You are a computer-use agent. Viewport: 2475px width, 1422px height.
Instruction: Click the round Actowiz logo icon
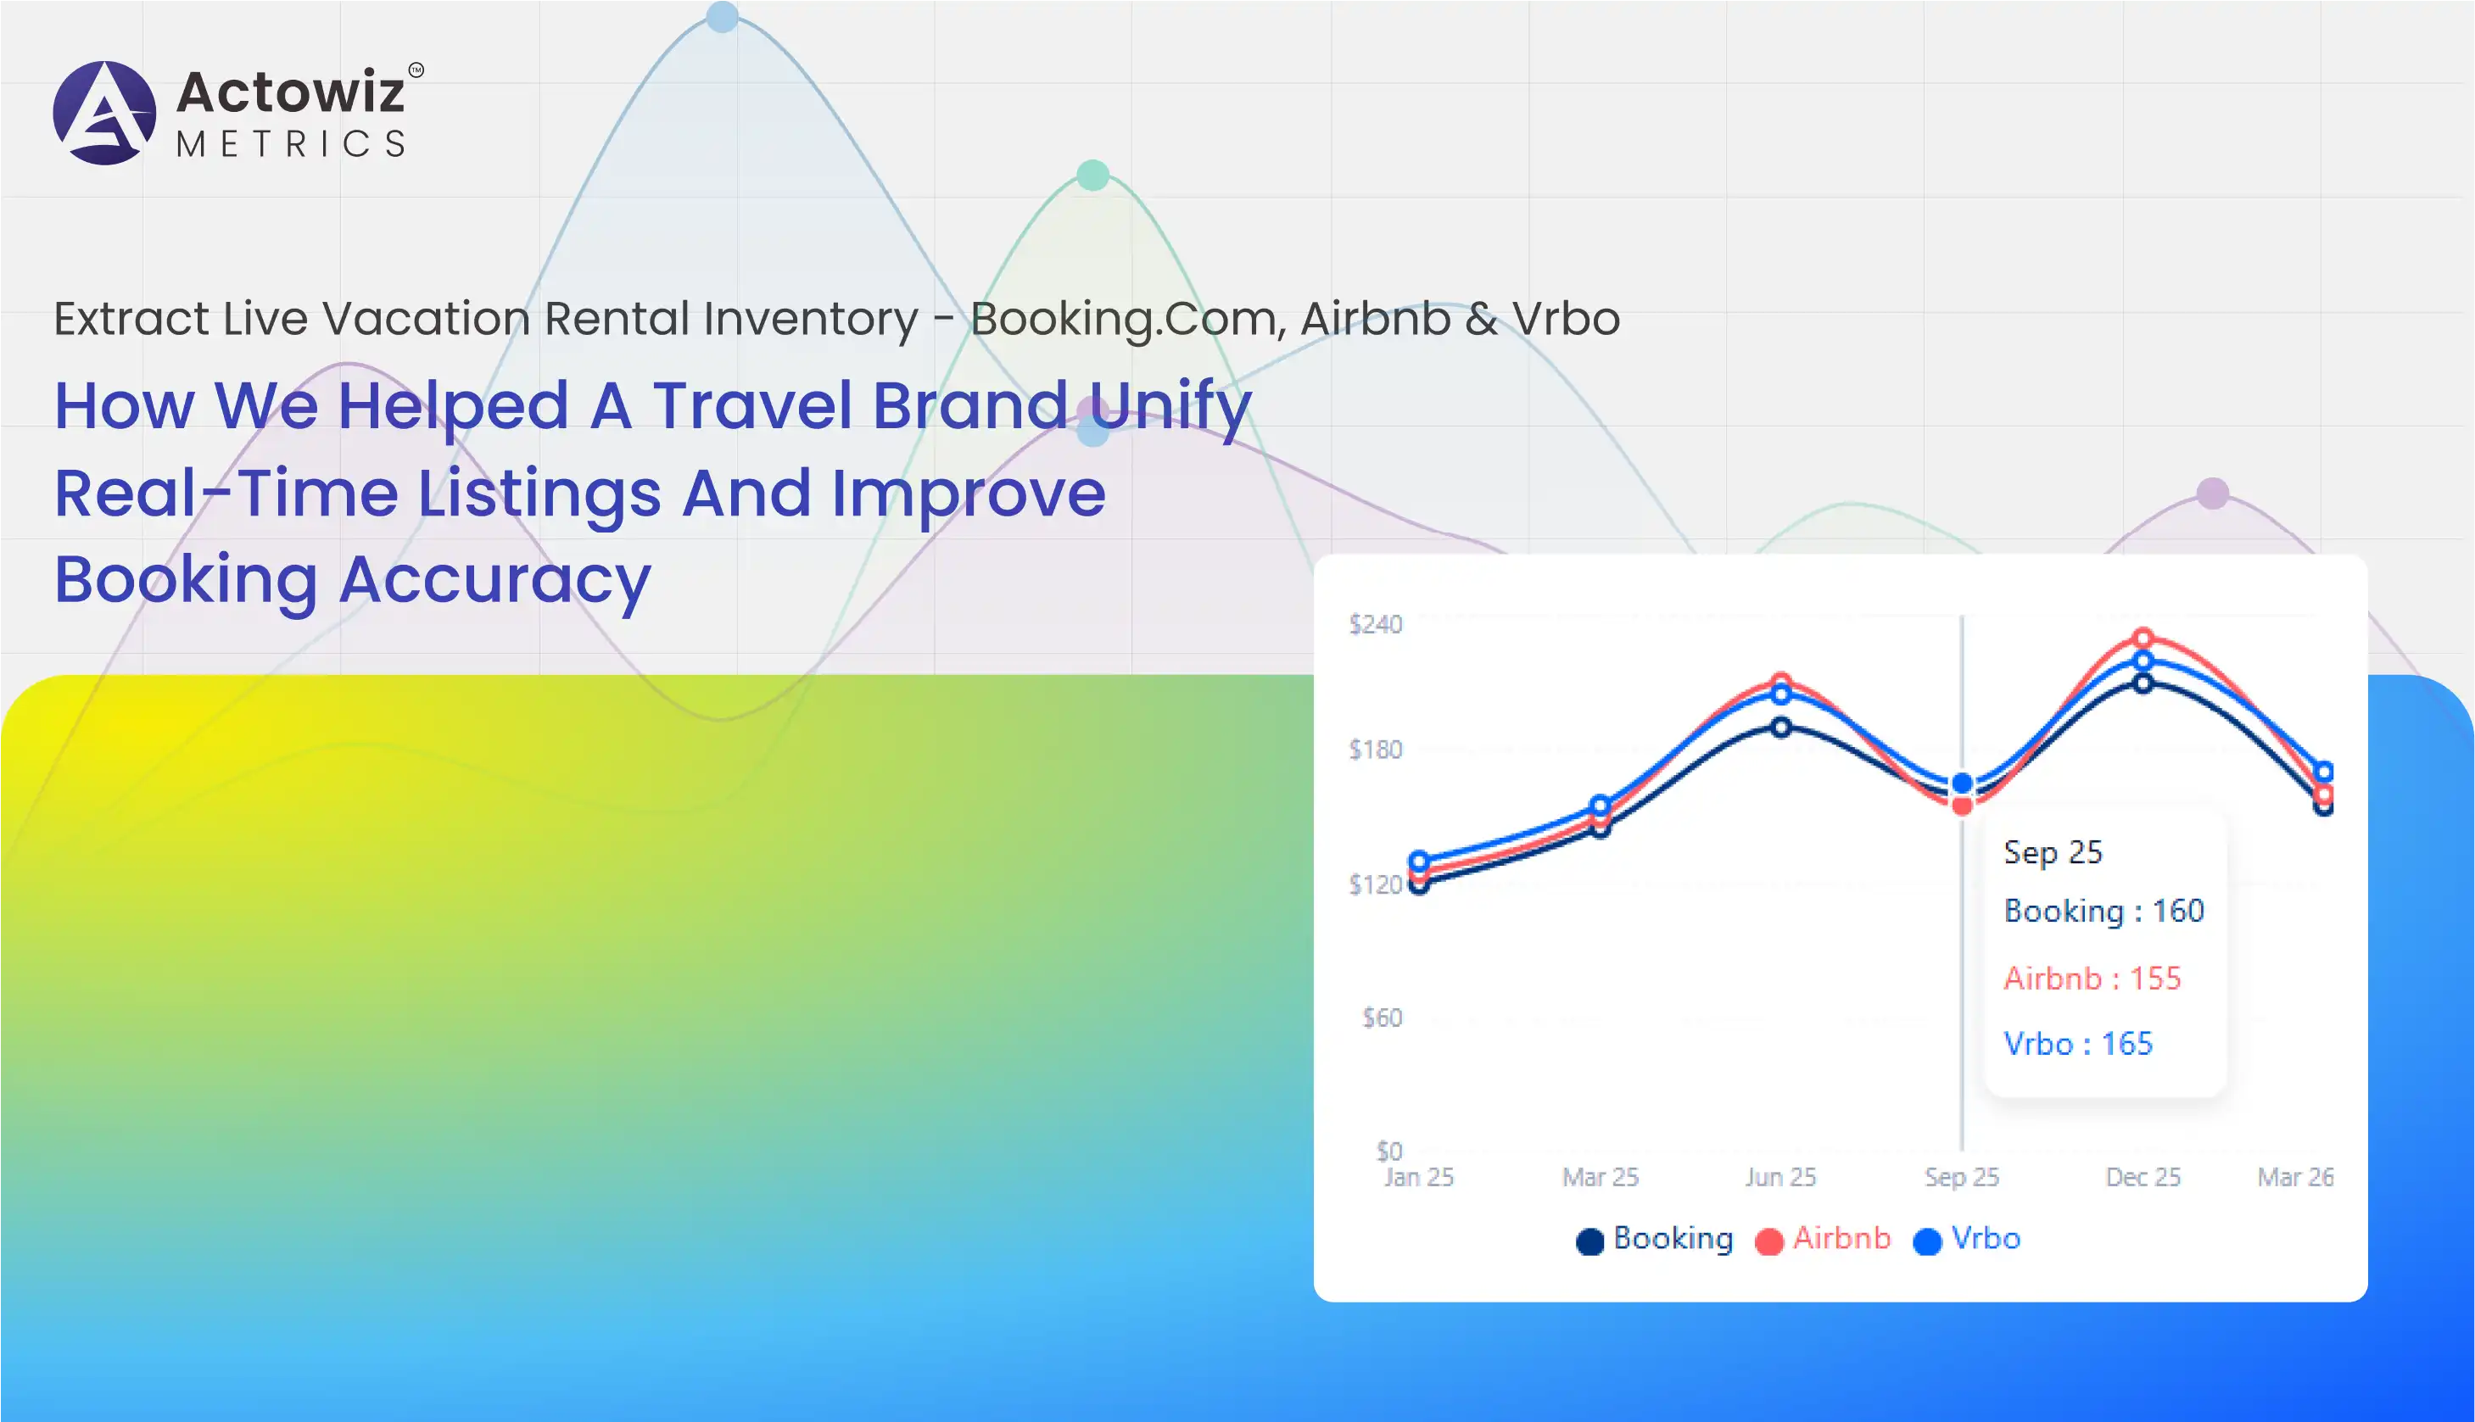[x=104, y=114]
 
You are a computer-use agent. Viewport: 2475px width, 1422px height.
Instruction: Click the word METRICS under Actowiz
[x=290, y=144]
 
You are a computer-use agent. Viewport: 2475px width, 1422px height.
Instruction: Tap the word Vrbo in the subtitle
[x=1566, y=318]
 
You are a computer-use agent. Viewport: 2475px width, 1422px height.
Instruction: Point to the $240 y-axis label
[x=1375, y=624]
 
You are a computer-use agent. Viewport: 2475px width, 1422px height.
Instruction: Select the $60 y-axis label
[x=1382, y=1018]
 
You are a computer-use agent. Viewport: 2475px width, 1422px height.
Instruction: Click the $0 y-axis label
[x=1388, y=1151]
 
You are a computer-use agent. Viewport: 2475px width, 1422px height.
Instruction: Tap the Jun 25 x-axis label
[x=1780, y=1177]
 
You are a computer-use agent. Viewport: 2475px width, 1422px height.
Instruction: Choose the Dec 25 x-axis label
[x=2143, y=1177]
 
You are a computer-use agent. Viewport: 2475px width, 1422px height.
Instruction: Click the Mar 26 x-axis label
[x=2295, y=1177]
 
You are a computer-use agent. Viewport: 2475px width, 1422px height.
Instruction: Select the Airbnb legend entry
[x=1824, y=1238]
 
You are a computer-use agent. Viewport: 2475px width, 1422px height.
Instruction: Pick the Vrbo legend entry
[x=1967, y=1238]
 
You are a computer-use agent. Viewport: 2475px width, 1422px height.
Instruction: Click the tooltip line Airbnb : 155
[x=2092, y=978]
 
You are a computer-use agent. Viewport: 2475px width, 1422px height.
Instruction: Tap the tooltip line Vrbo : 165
[x=2077, y=1043]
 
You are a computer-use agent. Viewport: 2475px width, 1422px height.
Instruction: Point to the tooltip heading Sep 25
[x=2052, y=851]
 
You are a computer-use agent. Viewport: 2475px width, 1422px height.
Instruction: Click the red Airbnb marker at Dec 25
[x=2143, y=638]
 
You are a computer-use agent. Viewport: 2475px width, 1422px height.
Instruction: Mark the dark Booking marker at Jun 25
[x=1781, y=727]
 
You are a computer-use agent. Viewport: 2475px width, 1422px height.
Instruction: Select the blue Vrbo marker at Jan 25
[x=1419, y=862]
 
